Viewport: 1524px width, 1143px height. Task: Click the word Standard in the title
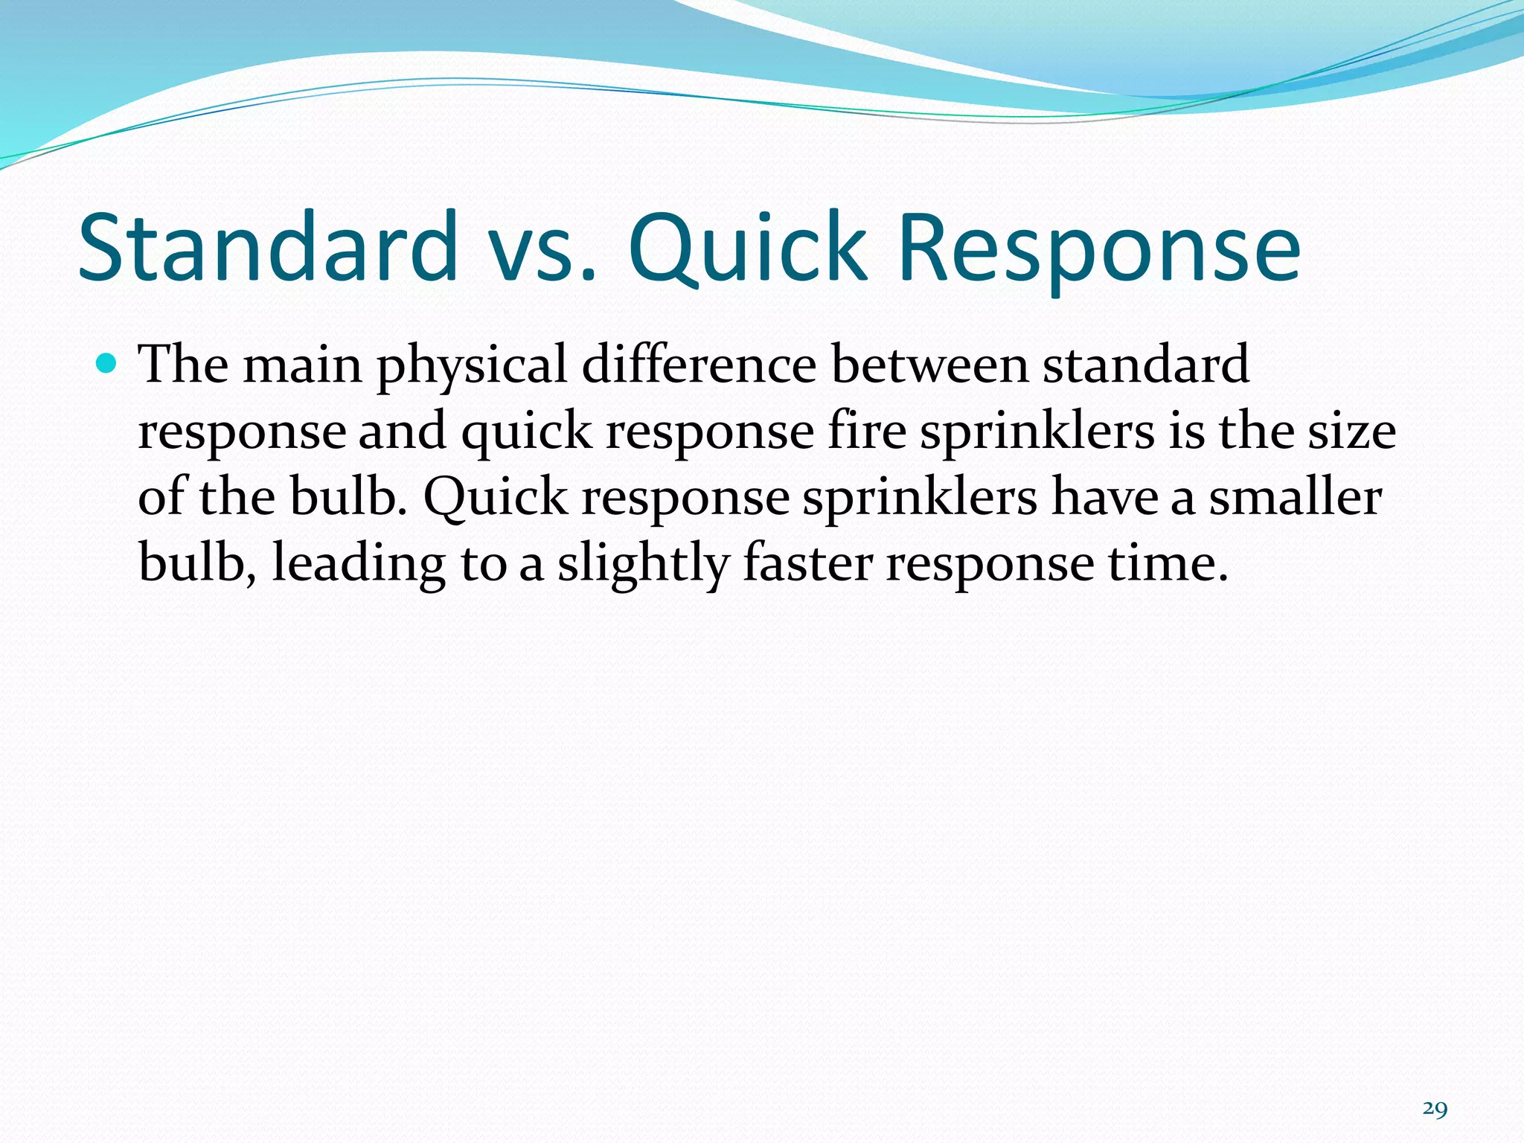coord(268,247)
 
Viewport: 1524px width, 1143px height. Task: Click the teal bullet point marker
coord(107,363)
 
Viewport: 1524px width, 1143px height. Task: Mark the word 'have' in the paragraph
coord(1104,496)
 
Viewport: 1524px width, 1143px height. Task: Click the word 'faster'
coord(807,563)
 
